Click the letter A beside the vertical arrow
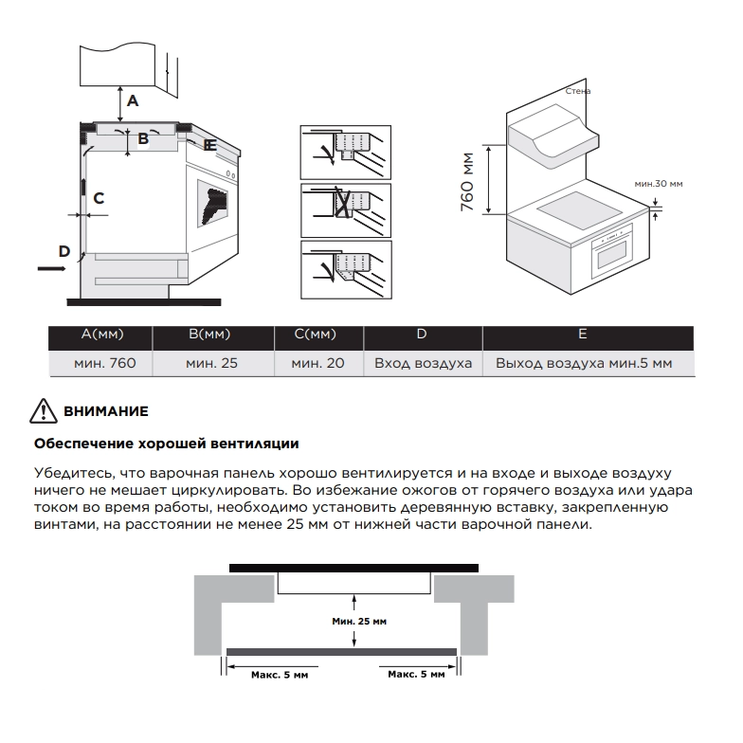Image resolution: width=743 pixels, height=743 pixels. (x=134, y=100)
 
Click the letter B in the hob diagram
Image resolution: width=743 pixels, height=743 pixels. (x=143, y=138)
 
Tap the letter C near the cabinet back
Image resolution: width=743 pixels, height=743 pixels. (x=98, y=198)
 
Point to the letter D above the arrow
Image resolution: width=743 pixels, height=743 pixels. (x=64, y=251)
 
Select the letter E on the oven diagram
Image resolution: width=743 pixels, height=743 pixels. (x=210, y=145)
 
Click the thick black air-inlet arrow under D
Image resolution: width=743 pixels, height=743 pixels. (x=52, y=269)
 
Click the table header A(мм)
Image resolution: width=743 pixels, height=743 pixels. (x=102, y=335)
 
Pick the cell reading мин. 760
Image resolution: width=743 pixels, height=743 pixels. (x=102, y=363)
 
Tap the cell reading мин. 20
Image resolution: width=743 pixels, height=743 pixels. (x=317, y=363)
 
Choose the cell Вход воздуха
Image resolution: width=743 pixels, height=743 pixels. (x=423, y=363)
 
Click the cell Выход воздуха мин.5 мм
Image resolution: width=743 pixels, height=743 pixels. (x=583, y=363)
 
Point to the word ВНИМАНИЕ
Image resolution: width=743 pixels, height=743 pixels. (x=106, y=412)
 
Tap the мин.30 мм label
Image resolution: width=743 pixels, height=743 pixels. (x=659, y=183)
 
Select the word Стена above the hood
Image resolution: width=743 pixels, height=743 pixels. (x=577, y=91)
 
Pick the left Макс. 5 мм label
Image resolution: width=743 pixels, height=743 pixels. (x=280, y=674)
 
